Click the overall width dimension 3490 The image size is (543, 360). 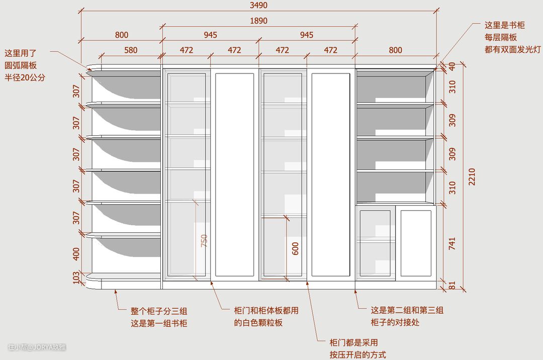258,6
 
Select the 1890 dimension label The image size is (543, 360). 258,21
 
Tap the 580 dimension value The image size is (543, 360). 130,50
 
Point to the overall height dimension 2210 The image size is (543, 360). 472,176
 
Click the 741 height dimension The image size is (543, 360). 452,244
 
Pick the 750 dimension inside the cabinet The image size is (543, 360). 204,241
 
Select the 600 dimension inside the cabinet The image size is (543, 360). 296,248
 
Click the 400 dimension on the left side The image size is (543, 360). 76,253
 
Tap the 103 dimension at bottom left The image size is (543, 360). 76,278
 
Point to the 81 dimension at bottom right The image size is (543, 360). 452,286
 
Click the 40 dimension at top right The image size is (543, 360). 452,66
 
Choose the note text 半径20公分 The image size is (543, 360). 25,77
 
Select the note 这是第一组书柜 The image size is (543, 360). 159,323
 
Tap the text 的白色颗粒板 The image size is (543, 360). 258,323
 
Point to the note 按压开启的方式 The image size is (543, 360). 358,354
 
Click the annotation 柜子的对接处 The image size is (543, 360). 395,323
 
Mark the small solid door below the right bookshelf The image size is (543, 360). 416,243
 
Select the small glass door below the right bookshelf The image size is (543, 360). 375,243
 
